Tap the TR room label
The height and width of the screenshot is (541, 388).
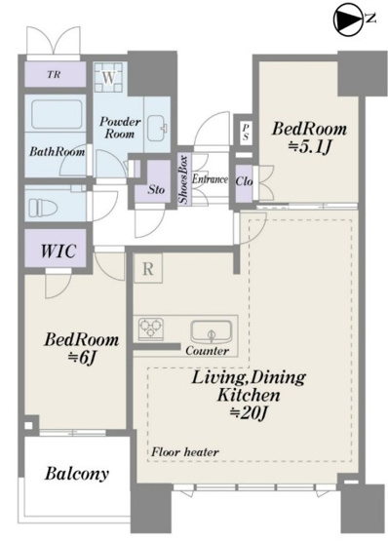point(54,74)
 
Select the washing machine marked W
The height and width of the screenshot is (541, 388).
point(109,77)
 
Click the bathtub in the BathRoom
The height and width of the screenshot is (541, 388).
point(57,114)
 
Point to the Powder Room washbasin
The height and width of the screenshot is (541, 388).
point(157,128)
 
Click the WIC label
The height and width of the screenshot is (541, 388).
point(58,251)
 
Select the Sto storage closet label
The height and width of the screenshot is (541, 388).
point(156,189)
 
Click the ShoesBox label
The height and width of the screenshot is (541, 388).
point(183,179)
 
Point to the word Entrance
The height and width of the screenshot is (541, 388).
point(210,179)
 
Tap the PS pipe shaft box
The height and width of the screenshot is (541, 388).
point(246,132)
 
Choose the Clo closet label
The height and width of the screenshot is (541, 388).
point(244,180)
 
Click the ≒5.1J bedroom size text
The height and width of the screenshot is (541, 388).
point(310,147)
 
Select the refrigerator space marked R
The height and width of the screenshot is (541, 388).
point(148,268)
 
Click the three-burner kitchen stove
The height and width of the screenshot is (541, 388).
point(151,328)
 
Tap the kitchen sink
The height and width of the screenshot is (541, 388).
point(212,331)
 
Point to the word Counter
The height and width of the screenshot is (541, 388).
point(207,351)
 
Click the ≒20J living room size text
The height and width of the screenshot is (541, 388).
point(249,412)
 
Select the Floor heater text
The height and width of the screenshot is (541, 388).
point(185,452)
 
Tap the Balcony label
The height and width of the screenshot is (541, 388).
point(77,474)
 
